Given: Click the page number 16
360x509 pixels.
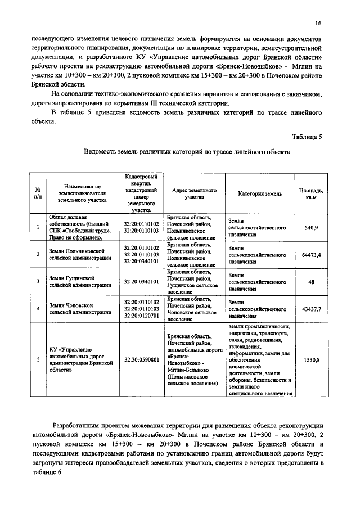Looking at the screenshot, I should click(x=318, y=23).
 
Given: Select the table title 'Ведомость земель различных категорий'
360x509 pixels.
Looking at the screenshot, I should click(x=186, y=152).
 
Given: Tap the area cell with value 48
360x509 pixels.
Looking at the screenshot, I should click(x=311, y=281).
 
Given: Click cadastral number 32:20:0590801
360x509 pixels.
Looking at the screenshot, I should click(x=141, y=359).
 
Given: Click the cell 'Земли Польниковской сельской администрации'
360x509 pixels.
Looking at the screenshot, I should click(x=79, y=254).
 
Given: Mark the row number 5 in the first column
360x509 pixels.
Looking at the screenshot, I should click(x=38, y=359).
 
